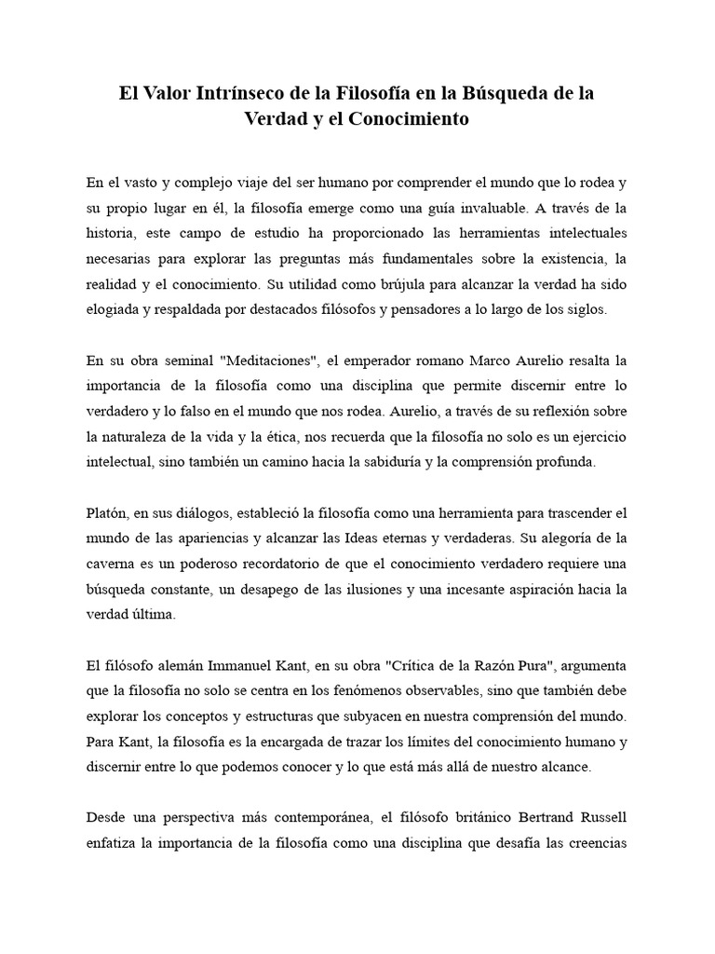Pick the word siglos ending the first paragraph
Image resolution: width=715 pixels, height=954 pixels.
coord(586,310)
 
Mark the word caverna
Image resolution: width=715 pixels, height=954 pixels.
coord(110,564)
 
